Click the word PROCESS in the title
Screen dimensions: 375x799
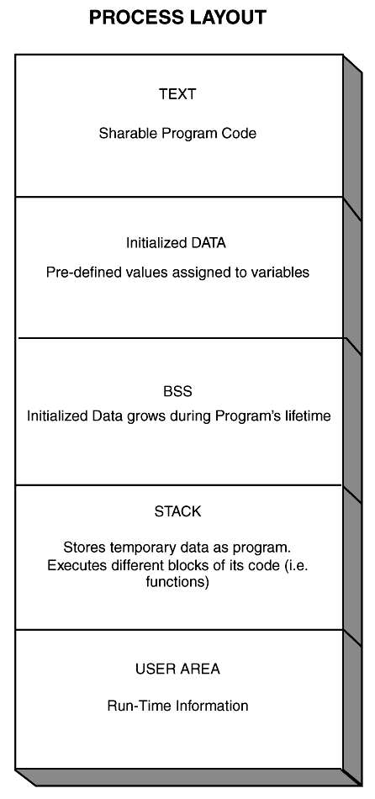[x=136, y=18]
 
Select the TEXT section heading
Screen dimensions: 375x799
[x=177, y=94]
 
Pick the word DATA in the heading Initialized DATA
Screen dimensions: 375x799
[x=209, y=243]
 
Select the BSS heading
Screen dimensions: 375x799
[x=177, y=391]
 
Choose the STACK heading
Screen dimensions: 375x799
[x=177, y=511]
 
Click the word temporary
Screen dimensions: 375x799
[x=131, y=548]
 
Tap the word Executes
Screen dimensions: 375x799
[x=71, y=566]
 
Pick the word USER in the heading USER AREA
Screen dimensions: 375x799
[x=151, y=669]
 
